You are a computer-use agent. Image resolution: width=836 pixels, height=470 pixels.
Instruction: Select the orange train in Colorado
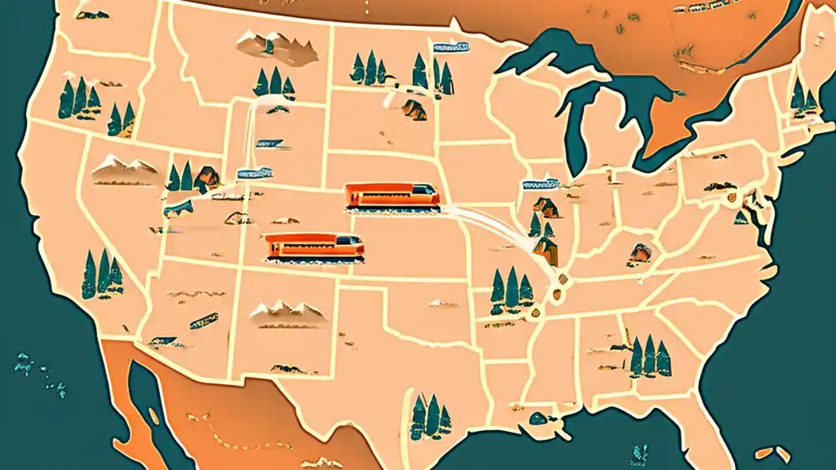(x=313, y=247)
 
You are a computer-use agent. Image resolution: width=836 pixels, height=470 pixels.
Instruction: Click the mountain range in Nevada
(x=124, y=168)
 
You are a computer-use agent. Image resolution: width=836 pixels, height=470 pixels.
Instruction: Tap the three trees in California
(x=102, y=274)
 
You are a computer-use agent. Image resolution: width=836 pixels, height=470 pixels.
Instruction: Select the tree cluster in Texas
(x=430, y=416)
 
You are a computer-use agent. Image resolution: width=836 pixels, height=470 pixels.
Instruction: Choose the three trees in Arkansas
(x=511, y=290)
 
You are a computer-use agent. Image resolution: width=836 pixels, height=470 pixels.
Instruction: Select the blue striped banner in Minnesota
(x=451, y=47)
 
